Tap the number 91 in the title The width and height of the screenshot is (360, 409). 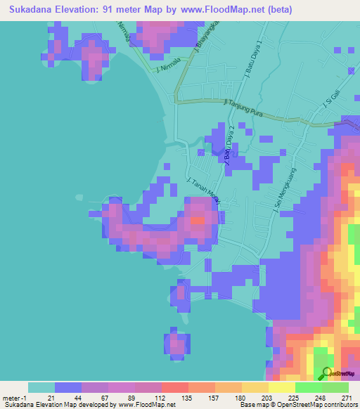click(x=111, y=10)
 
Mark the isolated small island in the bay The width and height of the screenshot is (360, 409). click(x=176, y=344)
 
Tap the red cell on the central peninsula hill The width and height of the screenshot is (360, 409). click(x=198, y=220)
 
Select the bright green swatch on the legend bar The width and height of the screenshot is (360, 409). click(x=308, y=387)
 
